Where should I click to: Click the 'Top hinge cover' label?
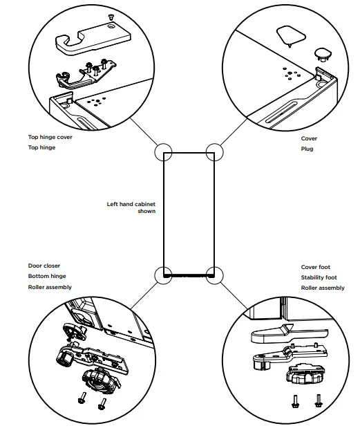point(50,137)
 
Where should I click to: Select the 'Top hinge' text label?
point(41,147)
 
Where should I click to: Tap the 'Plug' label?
point(307,149)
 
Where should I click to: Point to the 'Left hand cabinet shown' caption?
point(131,207)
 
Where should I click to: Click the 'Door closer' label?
point(44,266)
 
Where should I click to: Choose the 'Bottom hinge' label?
point(47,276)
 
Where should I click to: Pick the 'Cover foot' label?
point(316,267)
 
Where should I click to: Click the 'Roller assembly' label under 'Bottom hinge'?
point(50,287)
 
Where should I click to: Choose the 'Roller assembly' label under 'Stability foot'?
point(323,288)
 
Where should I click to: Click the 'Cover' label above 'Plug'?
point(309,138)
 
